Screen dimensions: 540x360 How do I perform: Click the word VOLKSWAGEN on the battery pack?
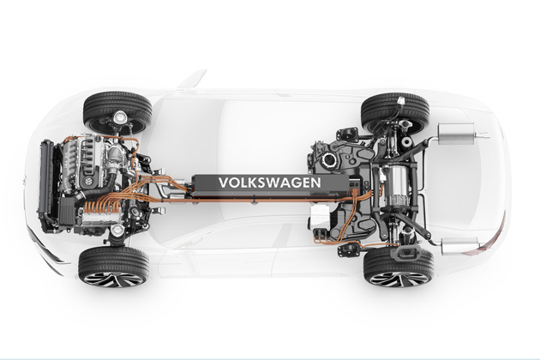coord(270,183)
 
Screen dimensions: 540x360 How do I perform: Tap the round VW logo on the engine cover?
coord(89,181)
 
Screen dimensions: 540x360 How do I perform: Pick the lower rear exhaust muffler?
coord(459,246)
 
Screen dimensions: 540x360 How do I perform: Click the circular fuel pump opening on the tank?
coord(329,159)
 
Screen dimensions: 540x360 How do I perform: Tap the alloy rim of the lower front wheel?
coord(113,279)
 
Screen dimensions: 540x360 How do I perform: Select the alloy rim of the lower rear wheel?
coord(399,279)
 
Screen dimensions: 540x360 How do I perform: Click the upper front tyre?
coord(117,109)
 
